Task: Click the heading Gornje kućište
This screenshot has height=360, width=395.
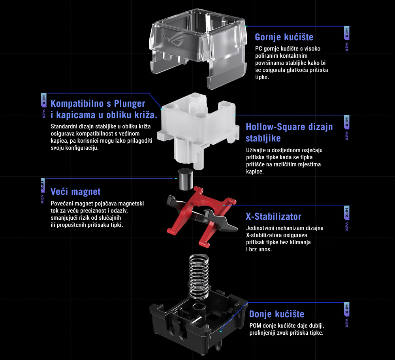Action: (284, 37)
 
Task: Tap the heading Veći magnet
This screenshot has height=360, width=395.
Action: (75, 192)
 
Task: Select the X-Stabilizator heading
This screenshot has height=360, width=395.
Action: (274, 217)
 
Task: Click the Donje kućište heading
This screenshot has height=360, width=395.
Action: (277, 314)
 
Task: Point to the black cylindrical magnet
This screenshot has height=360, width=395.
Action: (185, 179)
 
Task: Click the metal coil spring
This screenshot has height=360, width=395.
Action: (199, 277)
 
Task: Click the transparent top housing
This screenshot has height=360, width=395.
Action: (198, 48)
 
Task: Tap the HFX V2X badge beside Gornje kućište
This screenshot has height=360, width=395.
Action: (347, 39)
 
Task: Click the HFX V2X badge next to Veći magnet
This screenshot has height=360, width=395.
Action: (43, 191)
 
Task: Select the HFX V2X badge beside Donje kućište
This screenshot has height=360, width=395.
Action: (347, 315)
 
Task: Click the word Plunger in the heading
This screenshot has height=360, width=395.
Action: (130, 104)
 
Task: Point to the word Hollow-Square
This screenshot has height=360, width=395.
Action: (276, 127)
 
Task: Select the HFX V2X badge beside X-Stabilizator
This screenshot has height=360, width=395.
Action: (347, 219)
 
